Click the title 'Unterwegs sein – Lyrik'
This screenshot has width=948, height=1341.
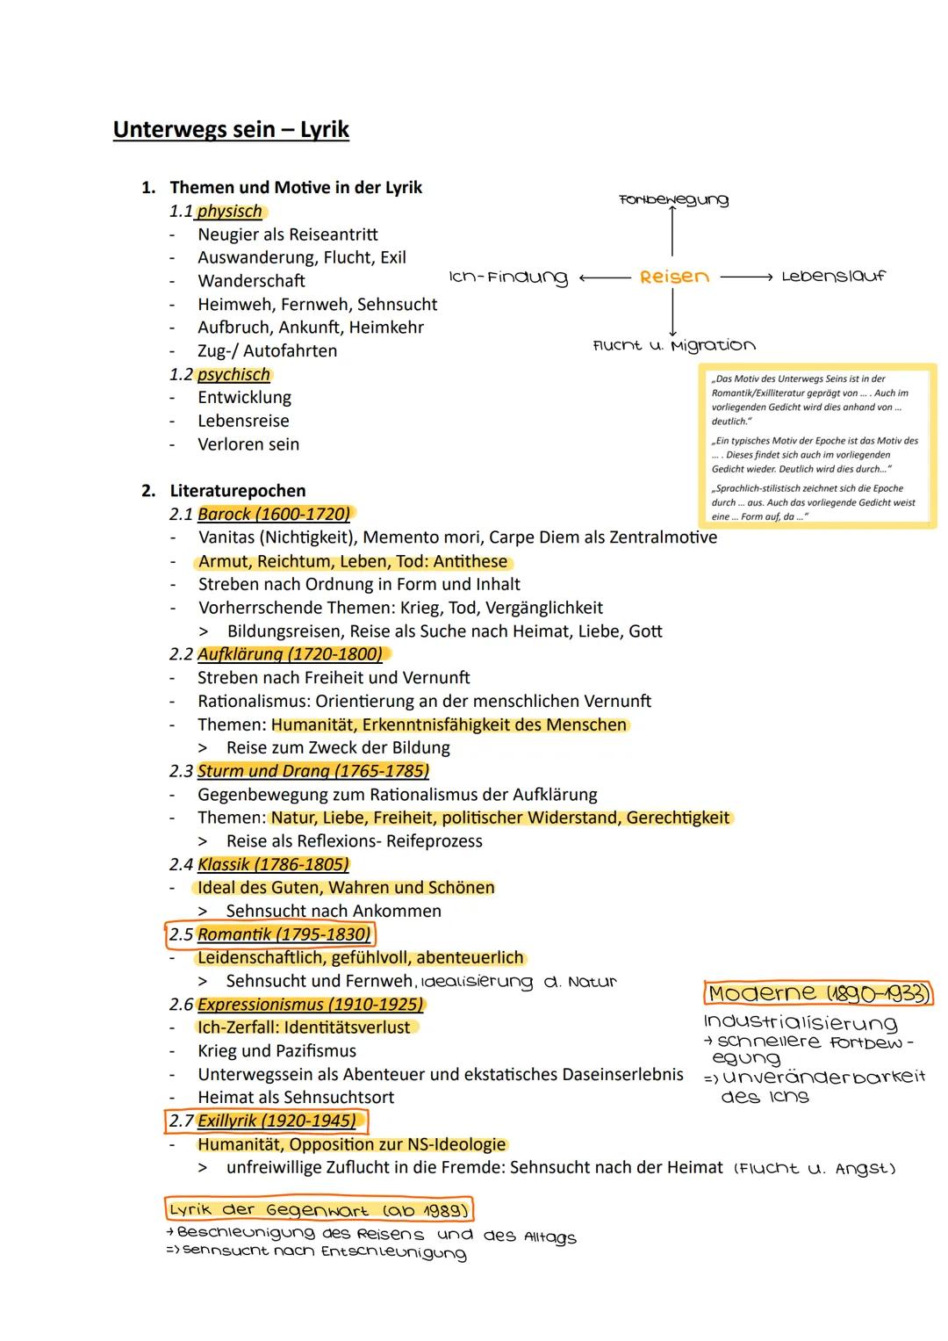pyautogui.click(x=231, y=129)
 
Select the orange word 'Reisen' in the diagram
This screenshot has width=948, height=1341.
pyautogui.click(x=674, y=277)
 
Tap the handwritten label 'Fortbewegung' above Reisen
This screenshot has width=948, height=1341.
pyautogui.click(x=673, y=199)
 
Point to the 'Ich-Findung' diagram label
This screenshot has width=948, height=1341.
pyautogui.click(x=509, y=278)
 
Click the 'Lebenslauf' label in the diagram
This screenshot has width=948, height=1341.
pyautogui.click(x=833, y=276)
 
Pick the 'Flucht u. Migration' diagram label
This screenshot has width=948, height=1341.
pyautogui.click(x=674, y=345)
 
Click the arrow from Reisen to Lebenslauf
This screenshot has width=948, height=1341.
pyautogui.click(x=746, y=278)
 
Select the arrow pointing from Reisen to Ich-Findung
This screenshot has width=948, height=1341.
pyautogui.click(x=605, y=278)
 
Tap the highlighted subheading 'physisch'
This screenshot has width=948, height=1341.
pyautogui.click(x=230, y=212)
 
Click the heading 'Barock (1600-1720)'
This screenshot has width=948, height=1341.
pyautogui.click(x=274, y=514)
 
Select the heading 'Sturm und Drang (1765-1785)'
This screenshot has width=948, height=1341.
pyautogui.click(x=313, y=770)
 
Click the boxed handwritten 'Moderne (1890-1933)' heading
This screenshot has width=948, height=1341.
pyautogui.click(x=818, y=993)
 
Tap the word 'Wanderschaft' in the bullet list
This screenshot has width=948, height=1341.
pyautogui.click(x=251, y=281)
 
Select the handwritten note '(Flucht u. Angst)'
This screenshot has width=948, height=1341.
pyautogui.click(x=814, y=1168)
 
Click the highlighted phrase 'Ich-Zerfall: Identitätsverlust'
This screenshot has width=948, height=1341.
pyautogui.click(x=304, y=1027)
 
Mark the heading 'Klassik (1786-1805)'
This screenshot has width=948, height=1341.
pyautogui.click(x=273, y=864)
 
